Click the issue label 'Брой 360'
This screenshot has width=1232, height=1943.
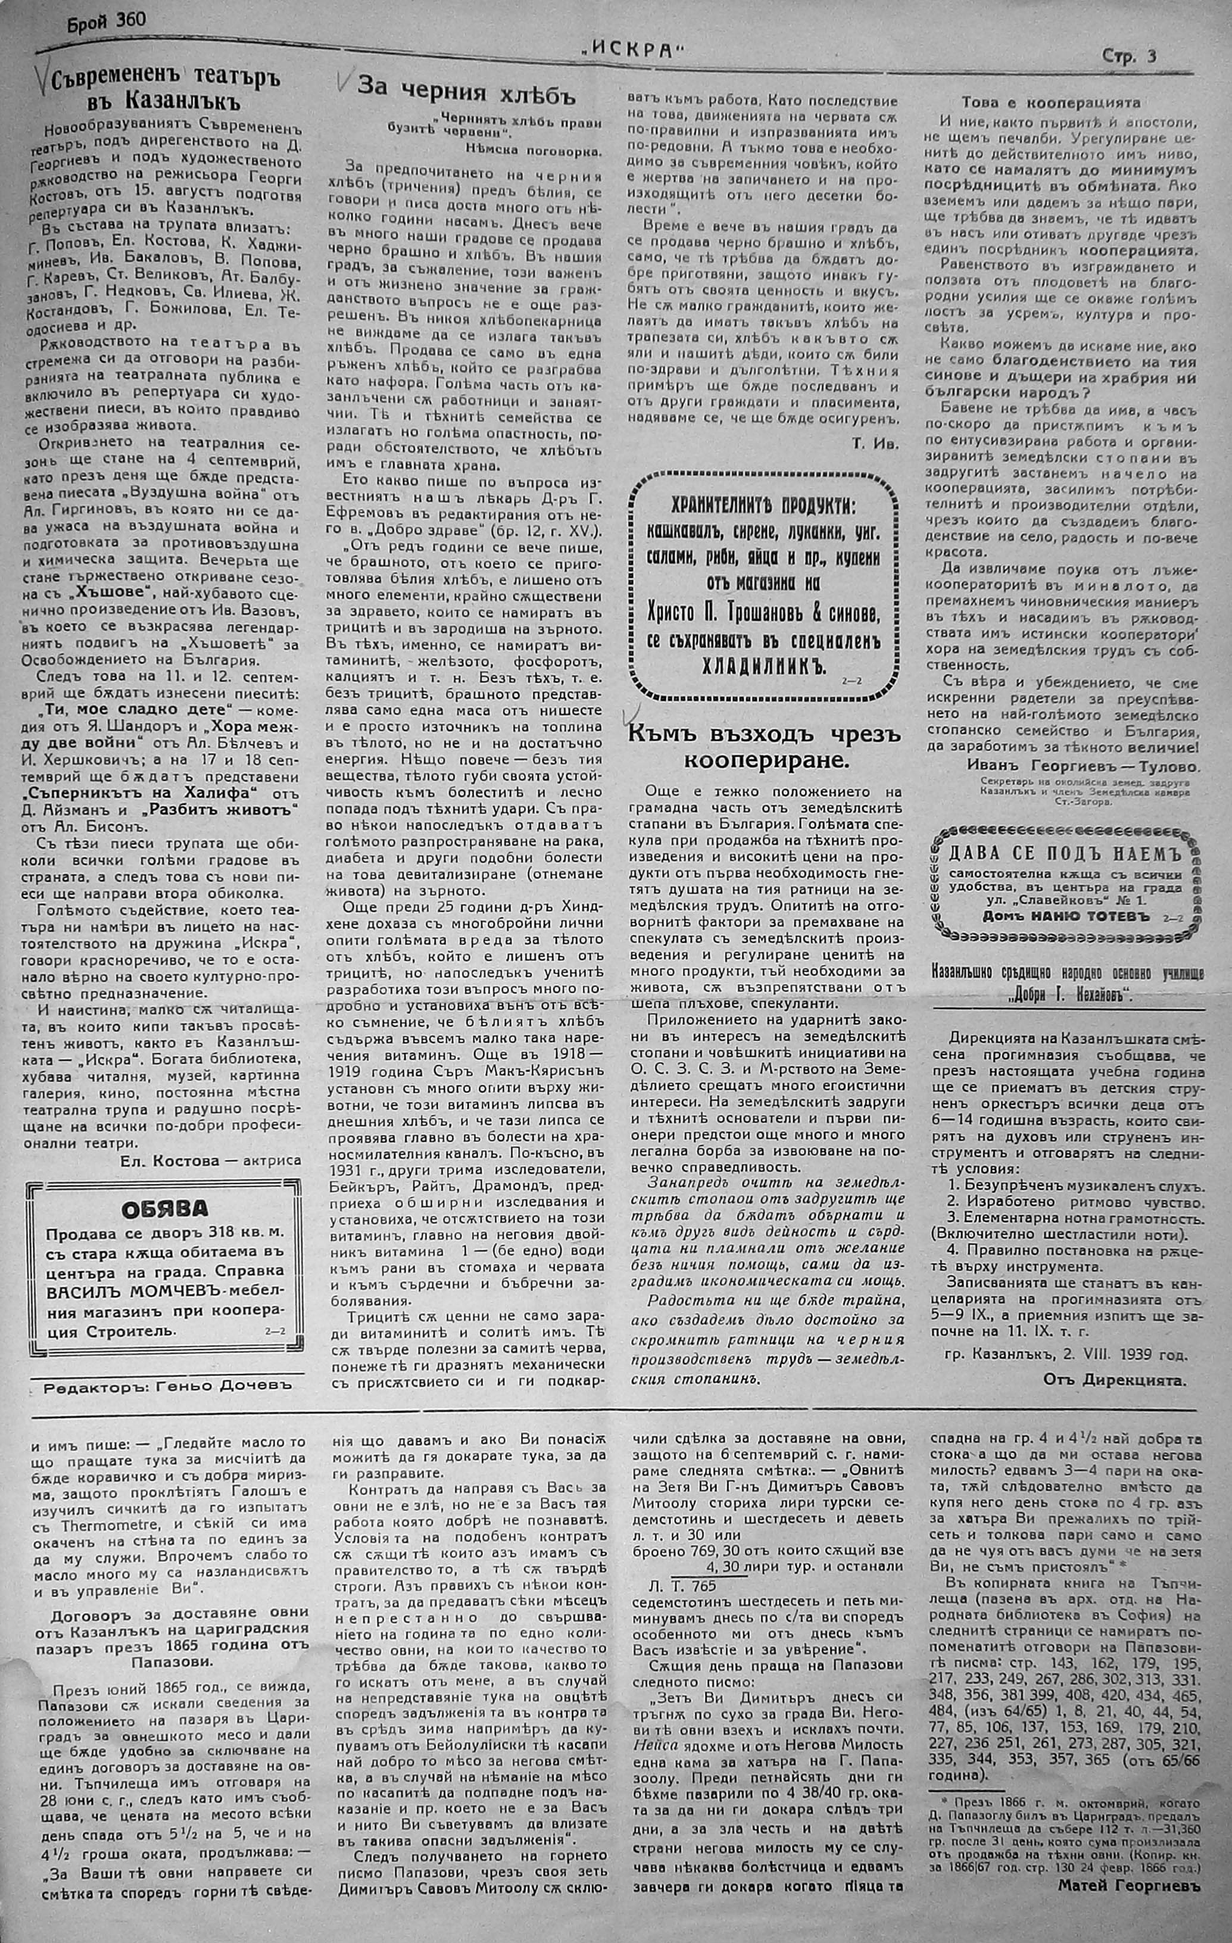pos(107,20)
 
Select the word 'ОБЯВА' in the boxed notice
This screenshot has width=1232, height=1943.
pos(164,1208)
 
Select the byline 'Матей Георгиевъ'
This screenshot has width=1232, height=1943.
pos(1128,1902)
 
